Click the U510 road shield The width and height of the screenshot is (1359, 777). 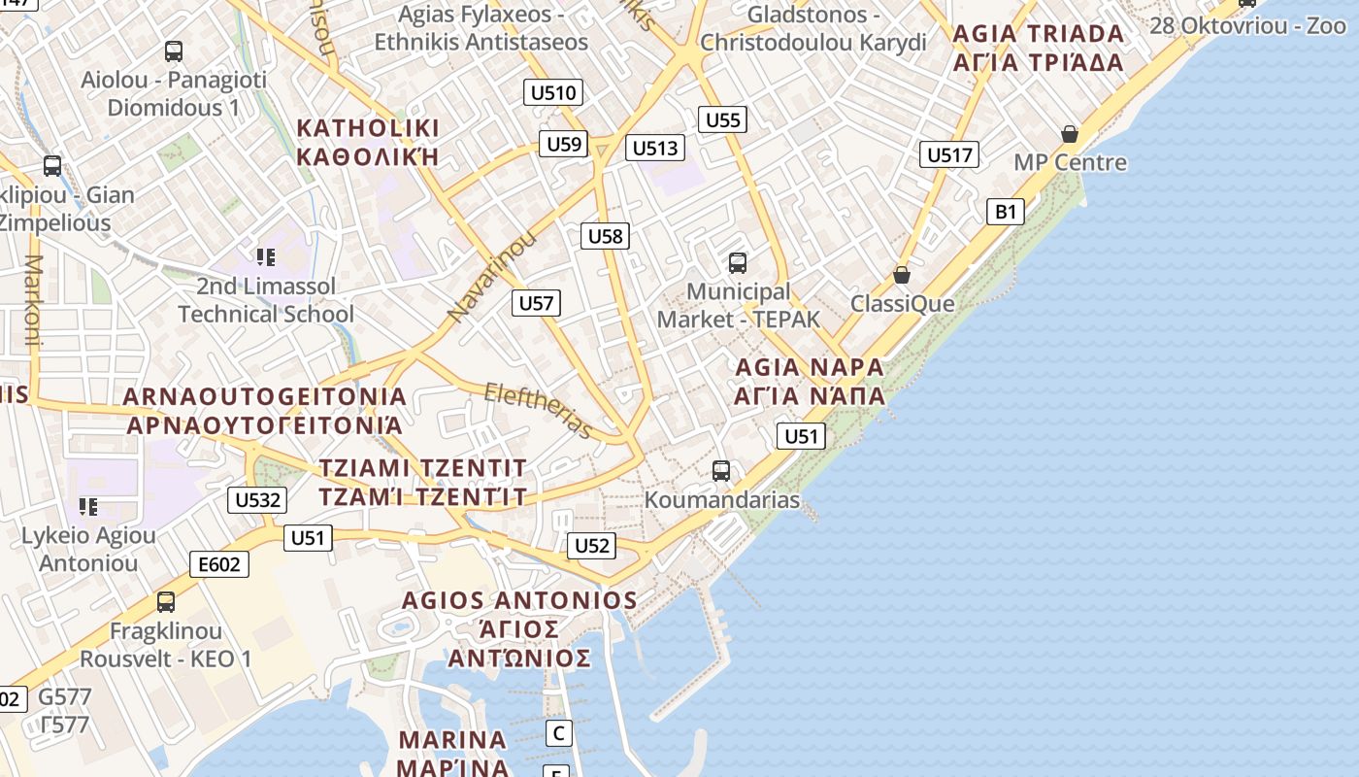pos(553,93)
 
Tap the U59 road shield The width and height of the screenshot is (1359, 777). pos(564,145)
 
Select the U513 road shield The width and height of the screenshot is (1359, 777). pos(655,148)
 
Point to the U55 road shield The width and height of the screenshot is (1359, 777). pos(723,120)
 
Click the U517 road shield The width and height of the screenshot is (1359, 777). pos(949,154)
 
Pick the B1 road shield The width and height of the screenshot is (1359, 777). pos(1006,212)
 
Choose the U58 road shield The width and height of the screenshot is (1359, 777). pos(606,235)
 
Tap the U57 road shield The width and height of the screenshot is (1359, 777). pos(536,303)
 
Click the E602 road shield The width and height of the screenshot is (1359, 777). pos(219,564)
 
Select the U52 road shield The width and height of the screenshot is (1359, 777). pos(591,546)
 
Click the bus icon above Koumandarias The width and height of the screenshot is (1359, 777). pos(721,471)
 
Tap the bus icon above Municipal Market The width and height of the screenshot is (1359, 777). pos(738,262)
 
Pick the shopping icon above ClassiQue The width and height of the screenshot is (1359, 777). pos(902,275)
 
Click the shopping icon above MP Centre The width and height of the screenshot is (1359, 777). pos(1070,133)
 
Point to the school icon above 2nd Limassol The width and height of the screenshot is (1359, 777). pos(266,257)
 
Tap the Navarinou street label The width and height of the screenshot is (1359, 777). pos(491,277)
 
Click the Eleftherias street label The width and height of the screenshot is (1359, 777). pos(538,410)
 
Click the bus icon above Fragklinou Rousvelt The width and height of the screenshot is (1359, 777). pos(166,602)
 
